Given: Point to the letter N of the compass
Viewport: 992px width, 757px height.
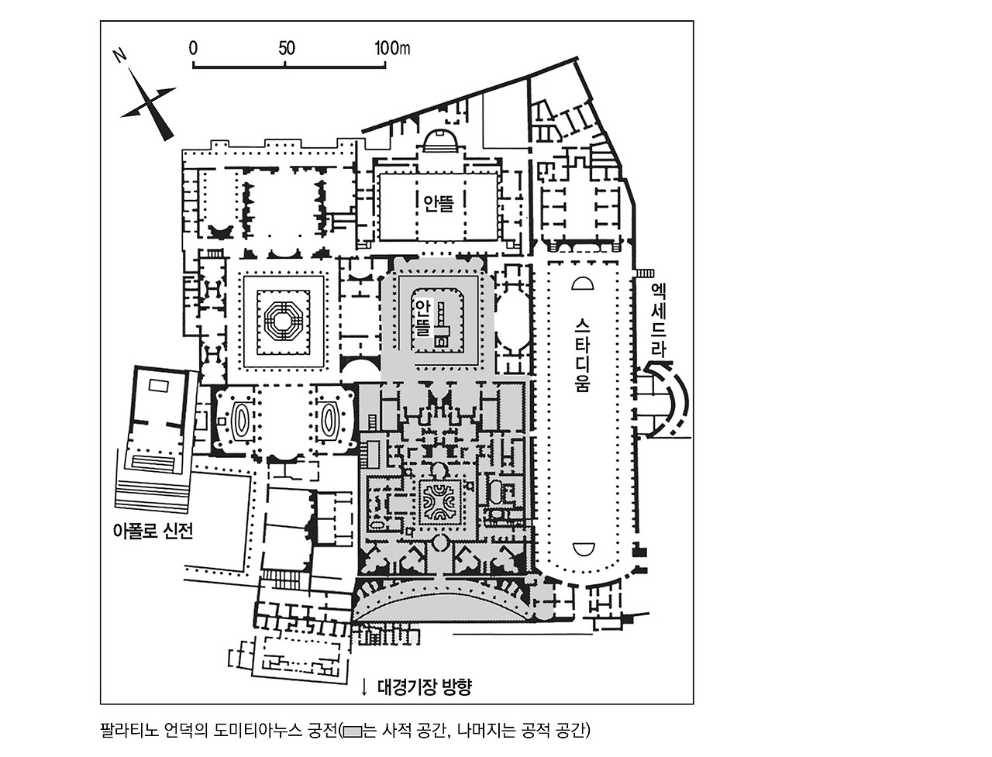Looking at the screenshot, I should tap(120, 56).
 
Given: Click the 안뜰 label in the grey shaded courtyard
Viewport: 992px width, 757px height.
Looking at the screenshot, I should tap(422, 317).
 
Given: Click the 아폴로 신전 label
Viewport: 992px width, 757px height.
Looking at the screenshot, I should tap(152, 532).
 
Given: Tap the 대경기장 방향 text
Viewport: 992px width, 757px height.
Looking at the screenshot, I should tap(424, 686).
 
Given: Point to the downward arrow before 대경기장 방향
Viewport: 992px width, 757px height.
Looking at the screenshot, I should tap(364, 686).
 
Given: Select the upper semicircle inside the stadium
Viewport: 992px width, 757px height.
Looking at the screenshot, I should tap(582, 283).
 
